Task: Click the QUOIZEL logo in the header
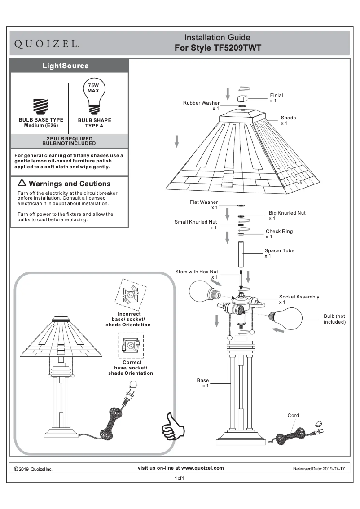(48, 44)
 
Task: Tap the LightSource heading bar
(66, 66)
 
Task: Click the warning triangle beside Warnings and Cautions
(22, 183)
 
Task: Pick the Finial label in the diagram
(277, 96)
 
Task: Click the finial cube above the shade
(243, 98)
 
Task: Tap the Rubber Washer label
(201, 103)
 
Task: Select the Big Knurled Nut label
(287, 213)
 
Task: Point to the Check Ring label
(279, 232)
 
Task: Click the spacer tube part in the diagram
(242, 254)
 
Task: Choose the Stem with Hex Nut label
(197, 272)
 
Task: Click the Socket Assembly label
(299, 297)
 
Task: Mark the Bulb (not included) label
(334, 319)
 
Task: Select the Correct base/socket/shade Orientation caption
(131, 368)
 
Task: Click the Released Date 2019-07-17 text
(319, 469)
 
